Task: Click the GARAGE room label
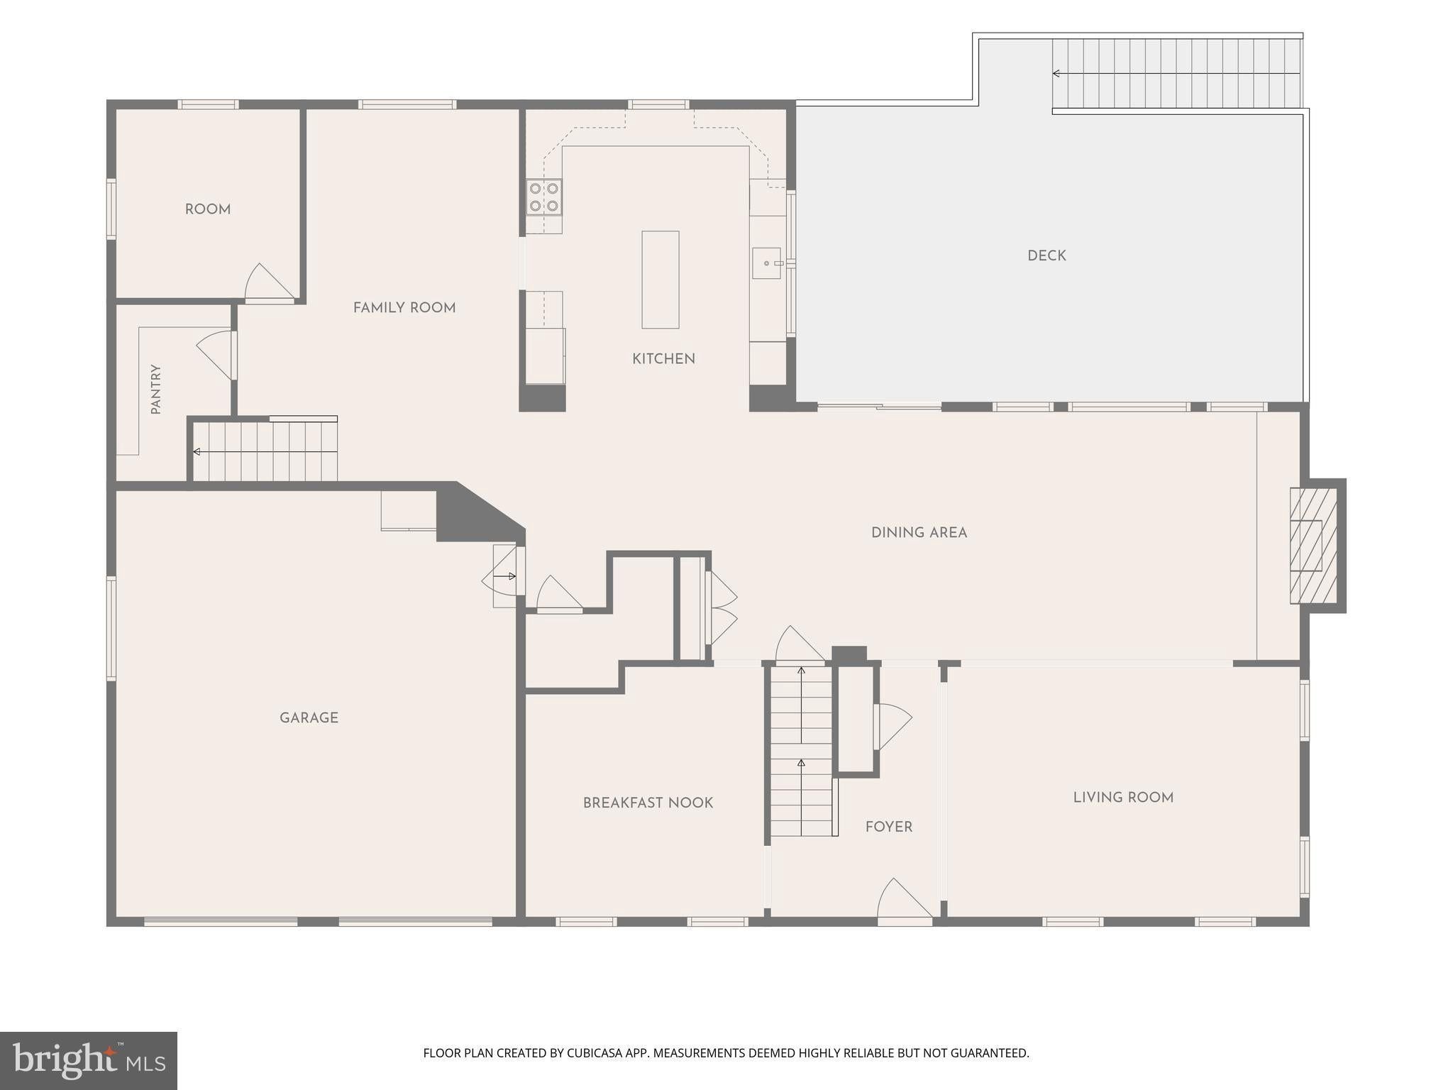click(x=309, y=717)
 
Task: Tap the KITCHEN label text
click(x=663, y=359)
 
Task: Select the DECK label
click(x=1046, y=255)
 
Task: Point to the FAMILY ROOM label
click(x=404, y=307)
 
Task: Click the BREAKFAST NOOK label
click(x=648, y=803)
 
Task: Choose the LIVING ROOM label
click(x=1123, y=797)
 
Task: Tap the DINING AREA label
click(x=919, y=532)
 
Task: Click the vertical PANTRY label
click(x=156, y=389)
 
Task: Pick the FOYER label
click(x=889, y=827)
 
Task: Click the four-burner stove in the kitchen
click(x=544, y=197)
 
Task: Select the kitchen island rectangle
click(x=661, y=280)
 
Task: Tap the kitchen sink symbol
click(x=766, y=263)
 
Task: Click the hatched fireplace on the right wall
click(x=1313, y=545)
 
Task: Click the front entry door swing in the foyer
click(x=905, y=901)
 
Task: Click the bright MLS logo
click(x=89, y=1061)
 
